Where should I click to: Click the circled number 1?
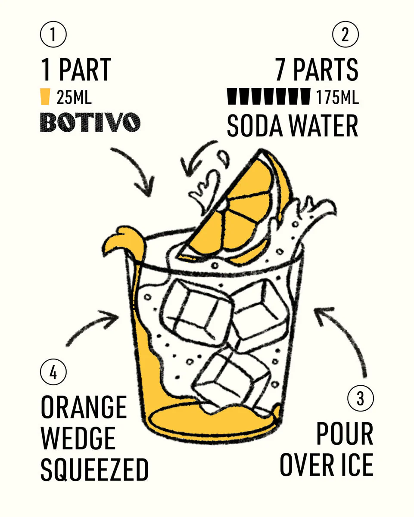click(53, 34)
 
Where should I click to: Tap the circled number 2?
click(345, 34)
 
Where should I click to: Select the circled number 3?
click(361, 398)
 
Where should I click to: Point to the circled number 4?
click(53, 372)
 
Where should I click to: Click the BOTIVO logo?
click(90, 122)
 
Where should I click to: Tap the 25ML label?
click(74, 97)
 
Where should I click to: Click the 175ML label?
click(337, 97)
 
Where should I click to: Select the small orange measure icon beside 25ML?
click(45, 96)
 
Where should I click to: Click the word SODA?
click(255, 126)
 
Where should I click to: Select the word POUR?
click(345, 433)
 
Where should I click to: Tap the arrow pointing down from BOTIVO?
click(140, 168)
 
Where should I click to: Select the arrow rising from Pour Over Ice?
click(346, 336)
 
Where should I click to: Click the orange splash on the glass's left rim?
click(126, 243)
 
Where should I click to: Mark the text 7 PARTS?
click(317, 70)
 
